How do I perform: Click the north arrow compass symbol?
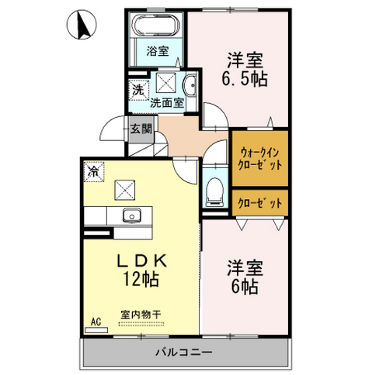(82, 24)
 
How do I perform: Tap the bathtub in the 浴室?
(156, 26)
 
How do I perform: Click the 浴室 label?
(158, 51)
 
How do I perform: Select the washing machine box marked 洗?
(139, 90)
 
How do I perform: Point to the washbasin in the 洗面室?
(190, 85)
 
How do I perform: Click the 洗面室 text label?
(167, 103)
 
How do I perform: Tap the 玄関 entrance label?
(141, 129)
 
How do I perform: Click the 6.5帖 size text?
(244, 78)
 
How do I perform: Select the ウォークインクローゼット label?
(260, 159)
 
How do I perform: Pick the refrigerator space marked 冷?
(94, 171)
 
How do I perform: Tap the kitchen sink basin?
(132, 215)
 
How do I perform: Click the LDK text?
(141, 261)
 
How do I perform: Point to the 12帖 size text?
(141, 279)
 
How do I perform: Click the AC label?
(96, 322)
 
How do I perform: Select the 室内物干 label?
(141, 315)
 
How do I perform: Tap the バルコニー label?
(184, 352)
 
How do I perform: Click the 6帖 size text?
(245, 287)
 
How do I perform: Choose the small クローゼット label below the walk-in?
(260, 204)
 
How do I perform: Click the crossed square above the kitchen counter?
(125, 190)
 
